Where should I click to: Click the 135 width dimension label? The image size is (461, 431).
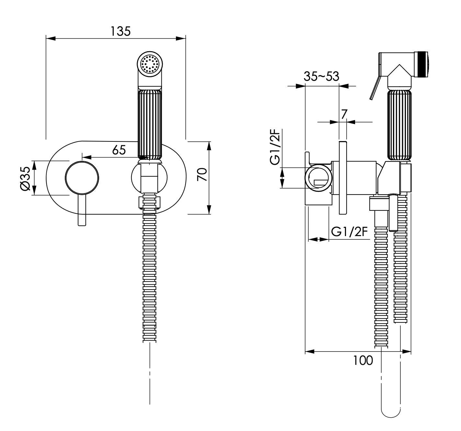click(120, 31)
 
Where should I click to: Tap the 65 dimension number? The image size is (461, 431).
click(119, 150)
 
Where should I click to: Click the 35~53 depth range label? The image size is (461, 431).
click(321, 77)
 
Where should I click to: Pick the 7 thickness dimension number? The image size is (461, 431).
click(344, 114)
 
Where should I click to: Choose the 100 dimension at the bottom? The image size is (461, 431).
click(363, 360)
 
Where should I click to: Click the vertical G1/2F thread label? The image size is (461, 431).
click(275, 147)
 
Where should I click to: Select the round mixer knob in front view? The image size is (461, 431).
click(82, 178)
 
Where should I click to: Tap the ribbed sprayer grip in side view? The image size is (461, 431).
click(399, 126)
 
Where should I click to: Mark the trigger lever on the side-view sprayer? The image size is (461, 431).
click(374, 87)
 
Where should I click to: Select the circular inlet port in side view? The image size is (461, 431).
click(318, 178)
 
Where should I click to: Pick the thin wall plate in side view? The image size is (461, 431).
click(343, 178)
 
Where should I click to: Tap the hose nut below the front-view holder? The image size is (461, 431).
click(149, 202)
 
